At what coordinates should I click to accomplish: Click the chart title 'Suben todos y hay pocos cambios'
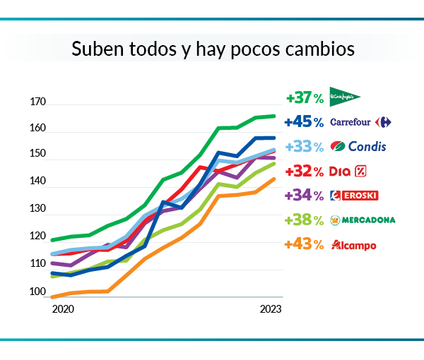click(213, 50)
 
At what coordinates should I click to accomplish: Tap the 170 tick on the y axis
click(37, 102)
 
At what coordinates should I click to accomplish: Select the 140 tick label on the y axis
click(37, 182)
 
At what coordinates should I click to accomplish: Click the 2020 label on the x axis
click(63, 309)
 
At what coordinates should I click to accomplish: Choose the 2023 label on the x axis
click(271, 309)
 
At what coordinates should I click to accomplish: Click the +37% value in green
click(305, 98)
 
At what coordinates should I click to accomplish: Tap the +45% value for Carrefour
click(304, 122)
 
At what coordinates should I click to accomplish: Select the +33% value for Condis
click(305, 147)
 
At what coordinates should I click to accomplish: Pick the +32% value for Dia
click(305, 171)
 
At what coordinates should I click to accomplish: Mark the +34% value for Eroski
click(305, 196)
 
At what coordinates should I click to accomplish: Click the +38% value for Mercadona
click(305, 220)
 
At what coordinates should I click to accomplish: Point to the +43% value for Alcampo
click(305, 245)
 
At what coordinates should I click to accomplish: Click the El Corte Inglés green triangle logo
click(345, 97)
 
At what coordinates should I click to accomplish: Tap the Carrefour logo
click(360, 122)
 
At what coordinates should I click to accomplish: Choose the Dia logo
click(348, 171)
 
